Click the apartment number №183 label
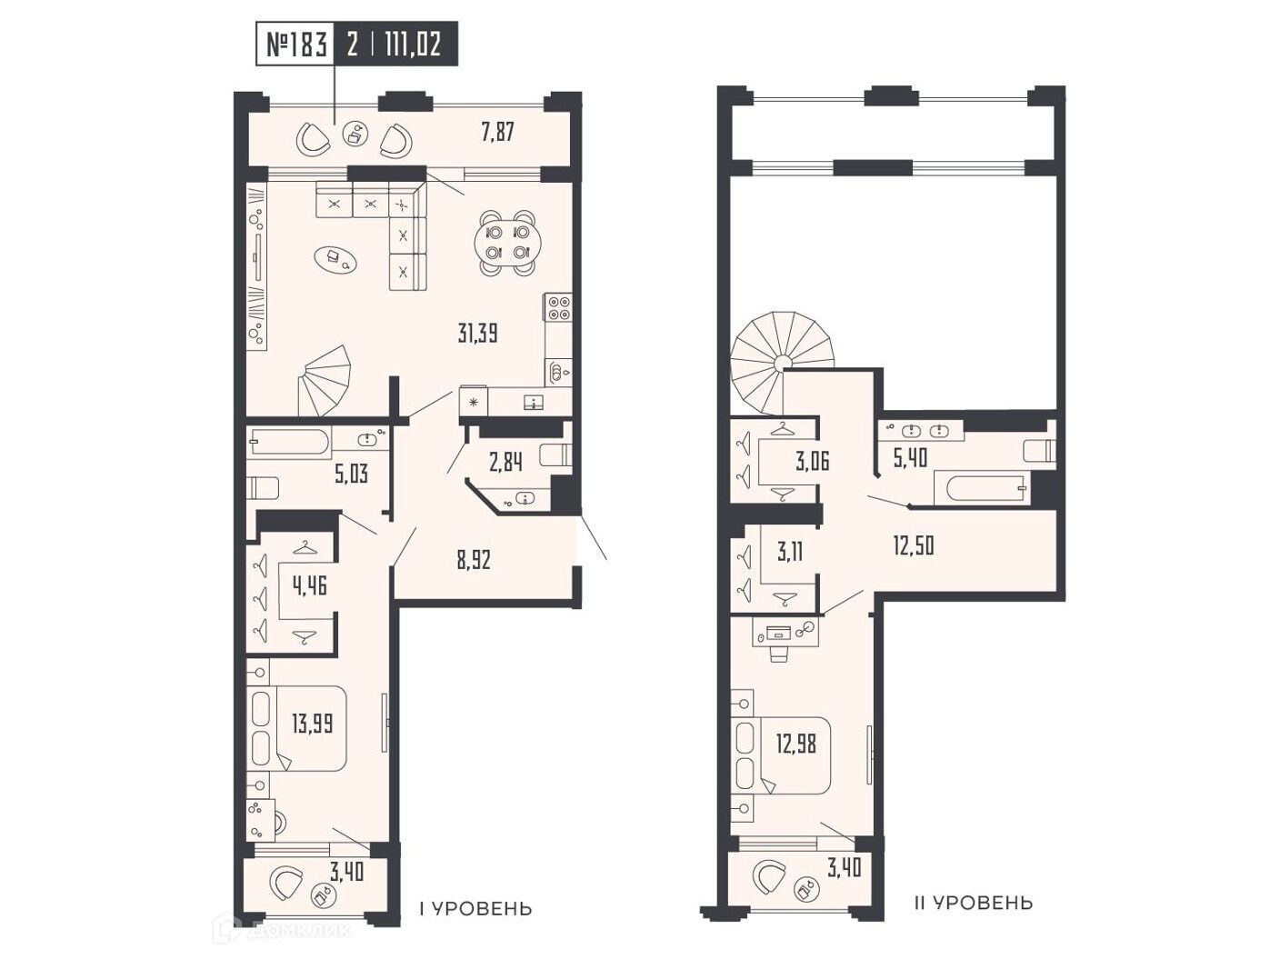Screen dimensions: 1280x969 (x=295, y=45)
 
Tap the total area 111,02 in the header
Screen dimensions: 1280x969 (x=412, y=45)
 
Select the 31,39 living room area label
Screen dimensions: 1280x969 (x=477, y=335)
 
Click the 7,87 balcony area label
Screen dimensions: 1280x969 (x=497, y=131)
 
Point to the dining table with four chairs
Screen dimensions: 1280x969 (x=506, y=242)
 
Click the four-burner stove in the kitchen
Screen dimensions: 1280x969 (x=558, y=306)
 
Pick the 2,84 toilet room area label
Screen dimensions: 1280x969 (x=505, y=463)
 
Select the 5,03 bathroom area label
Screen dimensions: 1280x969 (x=351, y=473)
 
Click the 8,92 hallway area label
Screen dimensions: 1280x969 (x=474, y=560)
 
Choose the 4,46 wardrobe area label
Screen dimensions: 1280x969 (x=310, y=584)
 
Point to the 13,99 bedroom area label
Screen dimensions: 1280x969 (x=312, y=724)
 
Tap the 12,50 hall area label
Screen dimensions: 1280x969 (x=914, y=545)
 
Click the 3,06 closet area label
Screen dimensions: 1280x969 (x=812, y=461)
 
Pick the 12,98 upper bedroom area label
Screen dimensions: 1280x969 (x=795, y=744)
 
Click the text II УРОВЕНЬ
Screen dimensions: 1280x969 (x=974, y=904)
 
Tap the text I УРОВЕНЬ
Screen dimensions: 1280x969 (x=475, y=909)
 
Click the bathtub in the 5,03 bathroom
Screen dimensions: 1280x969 (x=288, y=442)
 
